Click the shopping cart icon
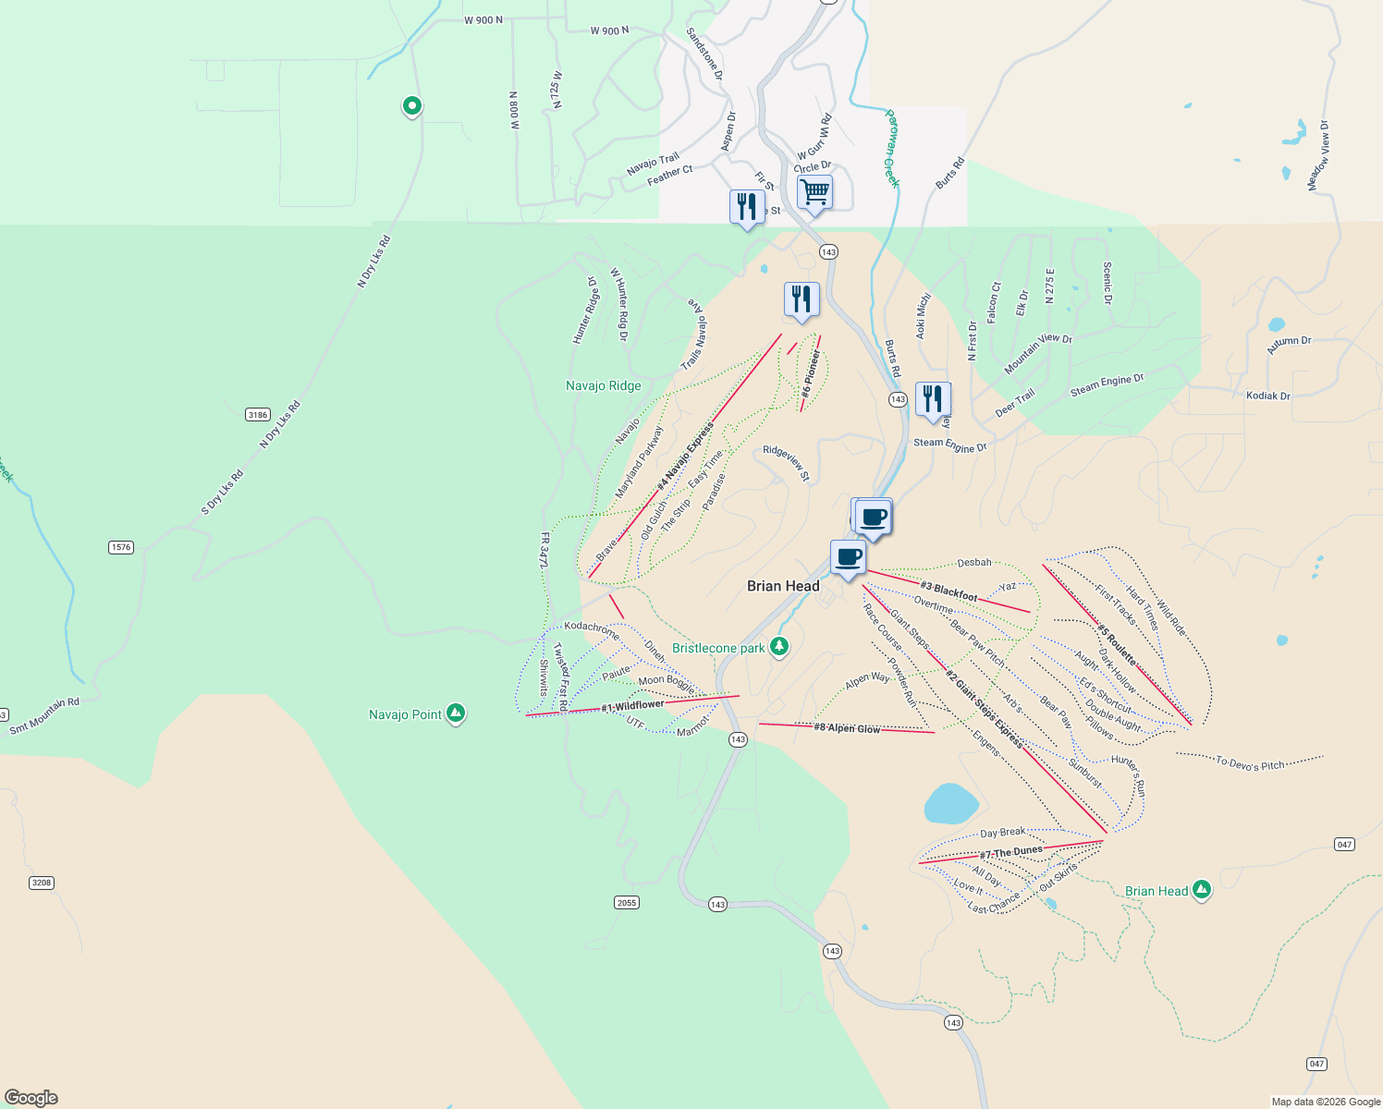coord(814,192)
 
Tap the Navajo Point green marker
coord(455,713)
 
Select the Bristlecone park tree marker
coord(779,646)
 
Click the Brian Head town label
coord(783,586)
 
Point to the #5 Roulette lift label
coord(1117,645)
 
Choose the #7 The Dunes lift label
coord(1011,852)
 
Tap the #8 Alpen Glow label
coord(847,728)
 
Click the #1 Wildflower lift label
coord(632,706)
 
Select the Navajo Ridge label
coord(603,385)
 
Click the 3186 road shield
coord(258,415)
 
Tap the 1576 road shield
coord(121,547)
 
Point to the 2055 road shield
coord(627,902)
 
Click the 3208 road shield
coord(42,883)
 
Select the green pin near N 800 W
coord(412,106)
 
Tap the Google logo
coord(31,1098)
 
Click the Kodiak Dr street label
coord(1267,396)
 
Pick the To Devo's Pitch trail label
coord(1250,763)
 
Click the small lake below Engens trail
coord(951,803)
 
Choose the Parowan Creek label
coord(891,149)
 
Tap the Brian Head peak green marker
coord(1201,890)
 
